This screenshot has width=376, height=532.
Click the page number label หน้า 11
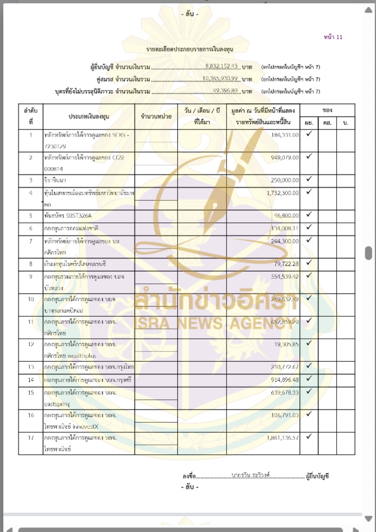(x=333, y=37)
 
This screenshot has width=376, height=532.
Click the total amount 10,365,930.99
(x=221, y=78)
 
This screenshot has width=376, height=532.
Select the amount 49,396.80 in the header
(x=226, y=90)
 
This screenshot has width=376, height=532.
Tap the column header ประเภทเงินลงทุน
(x=89, y=116)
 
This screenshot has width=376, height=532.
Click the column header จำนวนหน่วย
(x=156, y=116)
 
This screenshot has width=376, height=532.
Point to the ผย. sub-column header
(x=309, y=123)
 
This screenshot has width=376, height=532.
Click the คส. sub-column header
(x=327, y=123)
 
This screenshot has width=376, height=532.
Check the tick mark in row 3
(x=309, y=179)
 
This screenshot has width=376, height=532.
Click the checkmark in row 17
(x=309, y=436)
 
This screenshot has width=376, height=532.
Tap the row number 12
(x=31, y=344)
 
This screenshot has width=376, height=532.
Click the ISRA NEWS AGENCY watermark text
(x=216, y=324)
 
